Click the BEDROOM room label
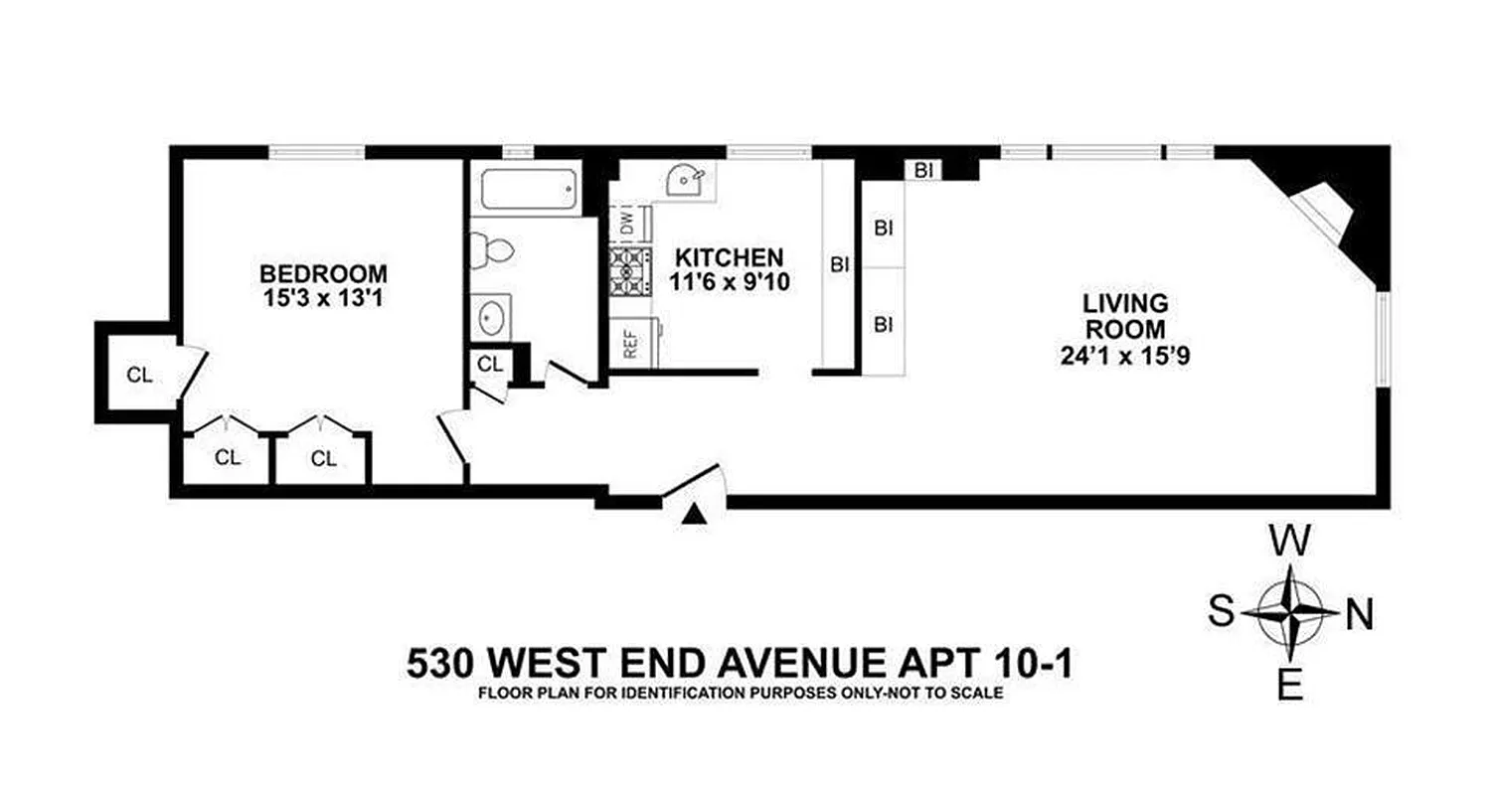pos(323,272)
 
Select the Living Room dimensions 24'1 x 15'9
pos(1125,354)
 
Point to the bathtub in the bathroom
pos(529,189)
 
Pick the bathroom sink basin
pos(491,318)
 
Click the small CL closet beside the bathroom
pos(490,364)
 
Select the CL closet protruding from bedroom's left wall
pos(139,375)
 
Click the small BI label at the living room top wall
pos(923,170)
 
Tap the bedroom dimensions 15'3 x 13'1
pos(323,295)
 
